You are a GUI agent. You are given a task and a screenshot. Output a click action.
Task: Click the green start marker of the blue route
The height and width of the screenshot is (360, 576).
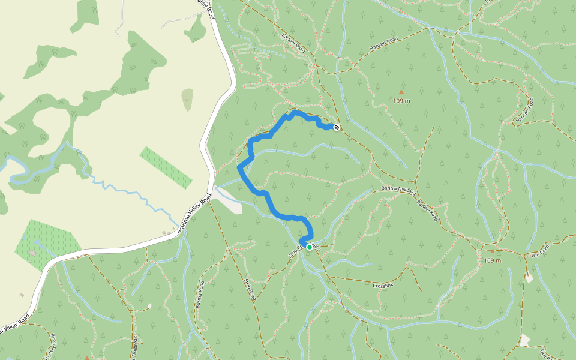click(310, 247)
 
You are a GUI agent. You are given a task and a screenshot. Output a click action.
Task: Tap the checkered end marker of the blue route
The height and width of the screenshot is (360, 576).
click(337, 127)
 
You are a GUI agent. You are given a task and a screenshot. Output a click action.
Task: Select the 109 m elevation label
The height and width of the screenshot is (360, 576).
click(401, 101)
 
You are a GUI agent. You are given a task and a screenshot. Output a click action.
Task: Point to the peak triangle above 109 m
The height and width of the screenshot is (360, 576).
click(401, 91)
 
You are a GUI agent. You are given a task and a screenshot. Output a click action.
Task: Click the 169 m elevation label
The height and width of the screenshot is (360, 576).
click(493, 260)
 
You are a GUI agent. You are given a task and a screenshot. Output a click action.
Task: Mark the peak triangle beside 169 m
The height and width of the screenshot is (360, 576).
click(493, 251)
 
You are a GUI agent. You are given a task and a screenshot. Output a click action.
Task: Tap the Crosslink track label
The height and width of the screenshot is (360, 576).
click(383, 286)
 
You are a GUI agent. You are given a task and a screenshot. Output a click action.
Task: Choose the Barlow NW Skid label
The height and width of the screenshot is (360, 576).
click(398, 190)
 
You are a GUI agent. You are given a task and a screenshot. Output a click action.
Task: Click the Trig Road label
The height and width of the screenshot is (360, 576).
click(540, 252)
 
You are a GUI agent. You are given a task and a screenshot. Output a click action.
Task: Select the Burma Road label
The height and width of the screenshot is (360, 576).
click(199, 295)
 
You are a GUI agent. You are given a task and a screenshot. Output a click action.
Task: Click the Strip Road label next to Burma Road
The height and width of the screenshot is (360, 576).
click(251, 289)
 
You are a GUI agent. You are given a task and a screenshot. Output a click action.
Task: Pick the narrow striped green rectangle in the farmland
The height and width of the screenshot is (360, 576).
click(166, 167)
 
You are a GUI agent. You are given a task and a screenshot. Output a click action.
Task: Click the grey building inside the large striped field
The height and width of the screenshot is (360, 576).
click(32, 253)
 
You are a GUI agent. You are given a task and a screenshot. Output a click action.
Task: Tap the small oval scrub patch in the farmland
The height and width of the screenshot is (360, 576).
click(188, 99)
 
